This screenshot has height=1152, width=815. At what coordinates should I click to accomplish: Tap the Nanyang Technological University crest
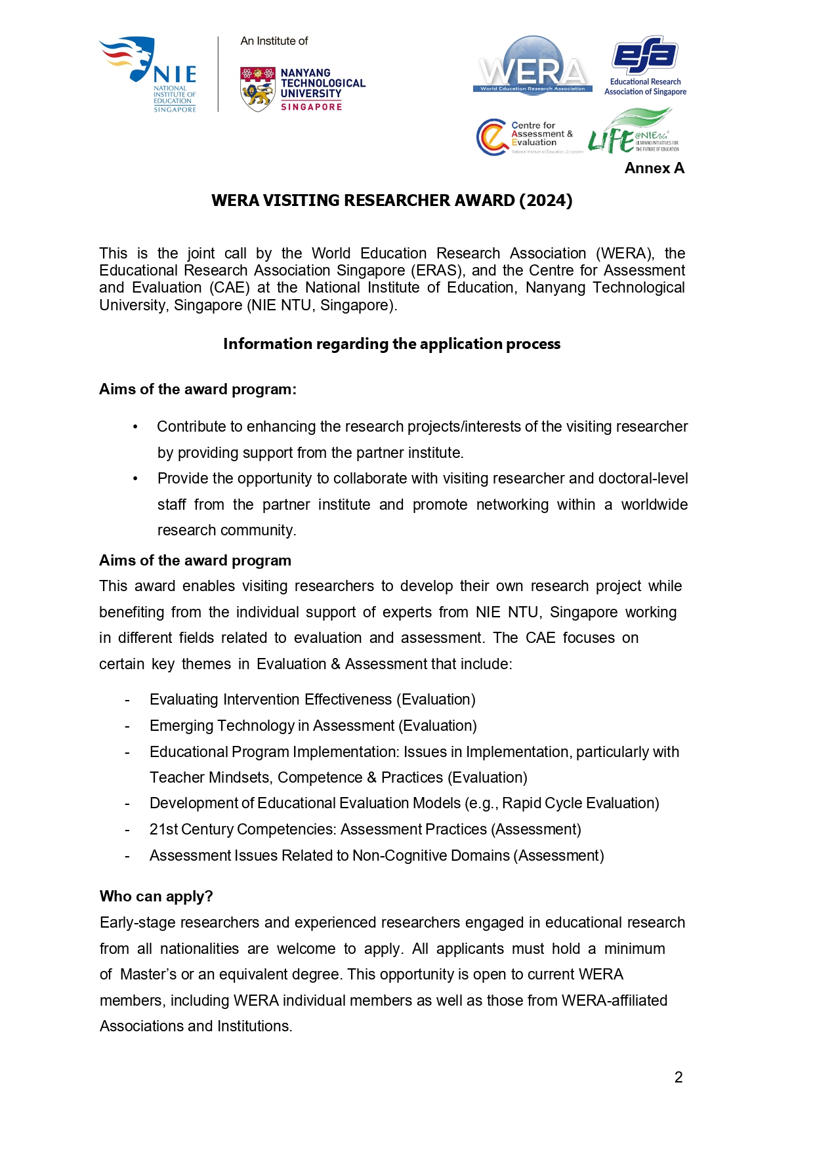pyautogui.click(x=257, y=89)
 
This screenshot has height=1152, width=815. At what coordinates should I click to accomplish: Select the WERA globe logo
pyautogui.click(x=533, y=66)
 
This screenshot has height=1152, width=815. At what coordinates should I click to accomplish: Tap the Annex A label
pyautogui.click(x=654, y=169)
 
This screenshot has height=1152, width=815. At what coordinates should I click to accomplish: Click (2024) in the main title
pyautogui.click(x=545, y=201)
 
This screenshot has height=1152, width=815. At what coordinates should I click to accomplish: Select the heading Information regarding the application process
pyautogui.click(x=392, y=344)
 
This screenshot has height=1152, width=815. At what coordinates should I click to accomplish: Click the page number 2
pyautogui.click(x=679, y=1077)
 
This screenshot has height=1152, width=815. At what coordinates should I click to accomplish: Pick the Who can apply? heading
pyautogui.click(x=156, y=897)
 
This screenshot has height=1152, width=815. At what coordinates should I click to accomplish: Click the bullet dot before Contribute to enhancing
pyautogui.click(x=135, y=427)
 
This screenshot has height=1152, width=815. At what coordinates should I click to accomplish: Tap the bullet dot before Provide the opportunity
pyautogui.click(x=135, y=479)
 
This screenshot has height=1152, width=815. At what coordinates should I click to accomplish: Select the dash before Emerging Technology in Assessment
pyautogui.click(x=127, y=726)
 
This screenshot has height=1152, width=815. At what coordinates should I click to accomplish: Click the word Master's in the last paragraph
pyautogui.click(x=148, y=975)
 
